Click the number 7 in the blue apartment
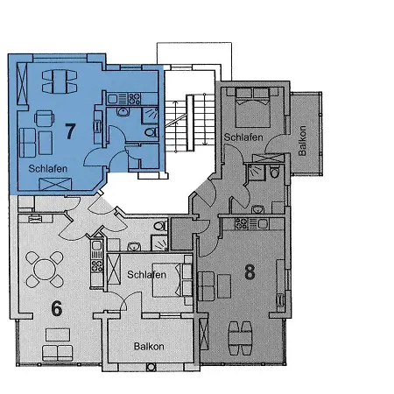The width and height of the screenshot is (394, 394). click(x=70, y=131)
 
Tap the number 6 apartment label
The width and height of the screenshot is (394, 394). click(x=55, y=307)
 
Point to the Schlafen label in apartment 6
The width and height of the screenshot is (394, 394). click(x=146, y=275)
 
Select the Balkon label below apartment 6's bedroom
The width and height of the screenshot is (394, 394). click(x=149, y=347)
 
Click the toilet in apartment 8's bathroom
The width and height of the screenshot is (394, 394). click(x=276, y=172)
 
